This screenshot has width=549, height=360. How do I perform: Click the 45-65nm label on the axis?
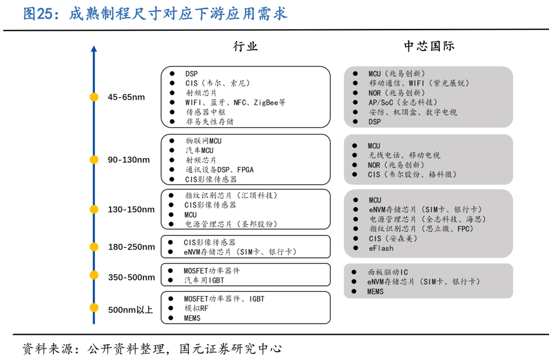126,97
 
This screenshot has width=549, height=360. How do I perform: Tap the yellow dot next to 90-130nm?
94,160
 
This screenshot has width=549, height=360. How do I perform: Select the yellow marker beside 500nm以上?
94,307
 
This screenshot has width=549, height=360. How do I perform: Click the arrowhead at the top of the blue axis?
94,49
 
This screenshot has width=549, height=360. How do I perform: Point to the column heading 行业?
245,47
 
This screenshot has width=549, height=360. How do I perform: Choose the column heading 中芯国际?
429,47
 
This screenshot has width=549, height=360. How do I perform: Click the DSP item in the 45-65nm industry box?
191,74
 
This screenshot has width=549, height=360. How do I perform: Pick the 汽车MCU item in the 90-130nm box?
199,150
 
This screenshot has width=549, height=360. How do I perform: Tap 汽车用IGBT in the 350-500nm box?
204,280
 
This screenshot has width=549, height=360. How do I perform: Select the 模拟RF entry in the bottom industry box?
196,308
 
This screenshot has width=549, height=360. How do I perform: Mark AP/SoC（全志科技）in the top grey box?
402,102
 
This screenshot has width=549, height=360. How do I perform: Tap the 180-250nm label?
131,247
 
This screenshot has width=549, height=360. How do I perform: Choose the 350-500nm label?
131,277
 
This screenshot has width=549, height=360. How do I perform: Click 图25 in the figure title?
38,14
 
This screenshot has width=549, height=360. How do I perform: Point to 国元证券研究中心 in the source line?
231,348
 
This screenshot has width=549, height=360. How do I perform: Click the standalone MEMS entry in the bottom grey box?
376,291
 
